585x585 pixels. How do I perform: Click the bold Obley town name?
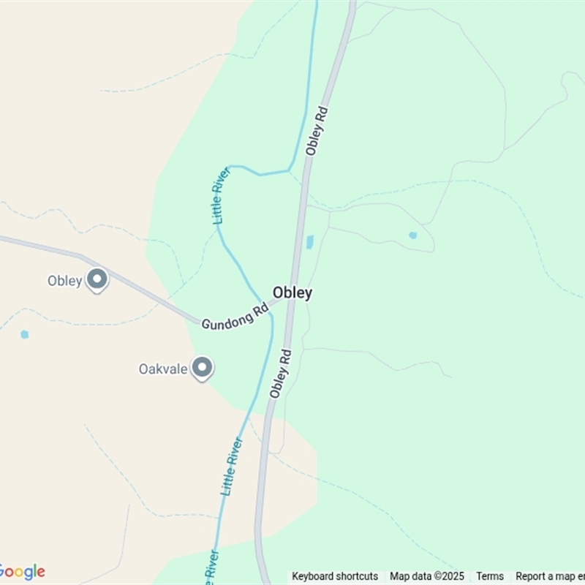[292, 292]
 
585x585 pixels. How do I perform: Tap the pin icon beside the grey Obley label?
[97, 279]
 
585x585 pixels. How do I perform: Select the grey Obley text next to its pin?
[64, 280]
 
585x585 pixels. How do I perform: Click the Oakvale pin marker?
[202, 368]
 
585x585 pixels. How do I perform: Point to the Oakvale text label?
[164, 369]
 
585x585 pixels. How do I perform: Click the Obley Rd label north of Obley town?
[317, 131]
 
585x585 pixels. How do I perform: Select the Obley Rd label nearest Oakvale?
[280, 374]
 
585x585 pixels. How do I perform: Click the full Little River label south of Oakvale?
[230, 467]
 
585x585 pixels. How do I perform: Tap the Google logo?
[22, 571]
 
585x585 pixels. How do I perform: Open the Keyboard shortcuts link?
[335, 576]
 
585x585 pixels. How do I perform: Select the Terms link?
[490, 576]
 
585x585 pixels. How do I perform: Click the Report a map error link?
[549, 576]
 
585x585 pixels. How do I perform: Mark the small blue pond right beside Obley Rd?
[309, 241]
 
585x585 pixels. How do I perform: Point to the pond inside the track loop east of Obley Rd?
[412, 235]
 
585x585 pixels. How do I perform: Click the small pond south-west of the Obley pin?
[25, 334]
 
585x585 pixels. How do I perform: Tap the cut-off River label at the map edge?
[208, 566]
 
